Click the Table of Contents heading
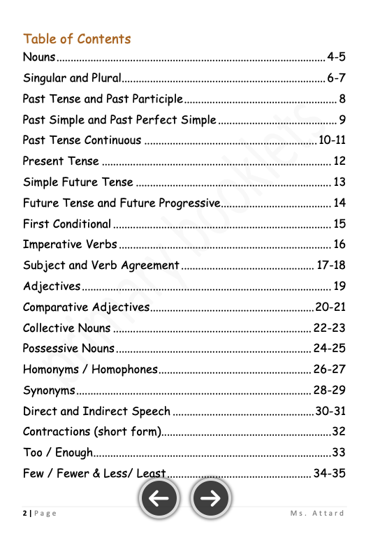(77, 39)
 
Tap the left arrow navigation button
(159, 497)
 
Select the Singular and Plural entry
(72, 78)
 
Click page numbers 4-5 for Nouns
(336, 57)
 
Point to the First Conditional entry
(67, 224)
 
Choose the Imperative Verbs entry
(70, 245)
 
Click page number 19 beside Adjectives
(339, 286)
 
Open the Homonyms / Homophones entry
(90, 370)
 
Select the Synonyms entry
(49, 390)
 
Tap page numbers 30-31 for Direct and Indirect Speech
(330, 411)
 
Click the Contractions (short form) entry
(92, 432)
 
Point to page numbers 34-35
(329, 474)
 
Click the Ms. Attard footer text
(317, 514)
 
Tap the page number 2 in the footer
(24, 514)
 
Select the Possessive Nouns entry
(68, 349)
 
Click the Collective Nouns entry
(67, 328)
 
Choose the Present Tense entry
(61, 161)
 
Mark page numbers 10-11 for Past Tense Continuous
(332, 140)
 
